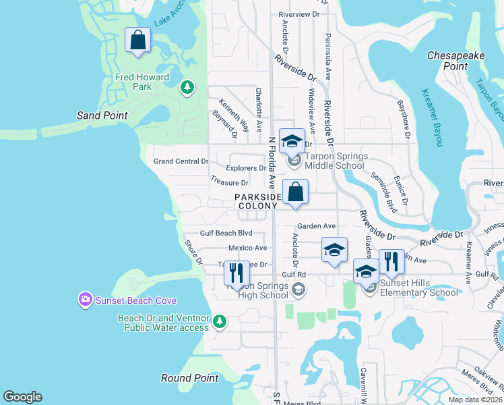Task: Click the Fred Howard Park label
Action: [142, 82]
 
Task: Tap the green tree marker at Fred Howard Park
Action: [187, 87]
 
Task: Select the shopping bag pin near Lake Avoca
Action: [138, 40]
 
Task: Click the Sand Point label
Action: [102, 115]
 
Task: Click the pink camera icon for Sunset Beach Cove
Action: [86, 299]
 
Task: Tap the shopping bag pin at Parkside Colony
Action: [295, 192]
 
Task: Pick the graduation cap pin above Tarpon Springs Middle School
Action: [292, 141]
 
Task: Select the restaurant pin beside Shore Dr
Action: [236, 273]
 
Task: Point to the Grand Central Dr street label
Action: [181, 161]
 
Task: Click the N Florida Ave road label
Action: [272, 162]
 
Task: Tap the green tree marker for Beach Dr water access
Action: [220, 322]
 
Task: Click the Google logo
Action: [22, 397]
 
